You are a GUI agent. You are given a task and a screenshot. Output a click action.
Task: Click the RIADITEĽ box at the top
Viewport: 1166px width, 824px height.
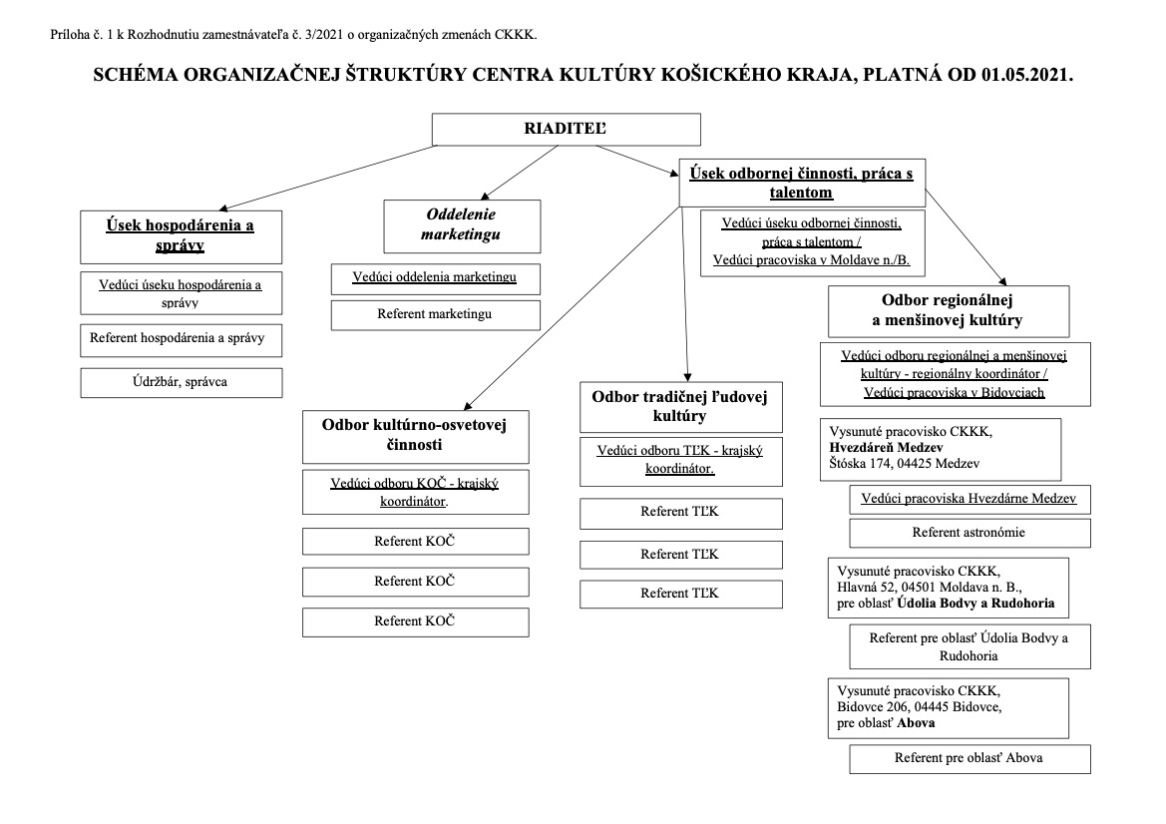coord(566,129)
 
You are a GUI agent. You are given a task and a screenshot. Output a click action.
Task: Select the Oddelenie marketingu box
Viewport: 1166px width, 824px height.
coord(462,226)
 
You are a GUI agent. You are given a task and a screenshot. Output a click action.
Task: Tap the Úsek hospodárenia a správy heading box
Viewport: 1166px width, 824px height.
coord(181,236)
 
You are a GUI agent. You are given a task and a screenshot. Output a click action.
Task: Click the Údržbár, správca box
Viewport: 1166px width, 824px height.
coord(181,382)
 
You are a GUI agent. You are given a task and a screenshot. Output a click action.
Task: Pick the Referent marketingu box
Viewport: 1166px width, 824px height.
coord(435,314)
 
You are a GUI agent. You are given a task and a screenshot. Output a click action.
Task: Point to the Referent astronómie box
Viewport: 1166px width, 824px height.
coord(970,533)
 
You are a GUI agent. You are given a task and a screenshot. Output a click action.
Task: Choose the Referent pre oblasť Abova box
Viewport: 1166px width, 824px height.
coord(970,758)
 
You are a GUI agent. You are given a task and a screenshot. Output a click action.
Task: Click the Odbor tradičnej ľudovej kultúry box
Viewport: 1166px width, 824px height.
coord(680,407)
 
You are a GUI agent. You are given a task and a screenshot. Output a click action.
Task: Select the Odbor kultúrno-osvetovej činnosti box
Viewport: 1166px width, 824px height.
coord(415,437)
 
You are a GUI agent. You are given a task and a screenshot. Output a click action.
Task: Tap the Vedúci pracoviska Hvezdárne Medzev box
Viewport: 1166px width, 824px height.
coord(970,499)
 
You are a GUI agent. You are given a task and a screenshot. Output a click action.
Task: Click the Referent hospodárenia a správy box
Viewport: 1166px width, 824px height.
coord(181,340)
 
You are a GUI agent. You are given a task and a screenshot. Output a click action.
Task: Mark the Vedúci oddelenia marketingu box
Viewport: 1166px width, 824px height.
coord(435,279)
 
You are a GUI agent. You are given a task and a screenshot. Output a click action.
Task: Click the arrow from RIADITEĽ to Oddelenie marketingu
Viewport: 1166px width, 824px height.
coord(520,173)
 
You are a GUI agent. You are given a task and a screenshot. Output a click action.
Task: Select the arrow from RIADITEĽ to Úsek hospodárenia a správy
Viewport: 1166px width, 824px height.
coord(328,178)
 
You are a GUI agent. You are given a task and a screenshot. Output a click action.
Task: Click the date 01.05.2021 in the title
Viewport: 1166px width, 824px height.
coord(1027,75)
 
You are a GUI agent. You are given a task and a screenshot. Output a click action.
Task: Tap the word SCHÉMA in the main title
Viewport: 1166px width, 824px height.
coord(135,75)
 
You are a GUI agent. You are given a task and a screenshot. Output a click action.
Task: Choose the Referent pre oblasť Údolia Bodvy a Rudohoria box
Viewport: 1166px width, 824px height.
coord(970,647)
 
